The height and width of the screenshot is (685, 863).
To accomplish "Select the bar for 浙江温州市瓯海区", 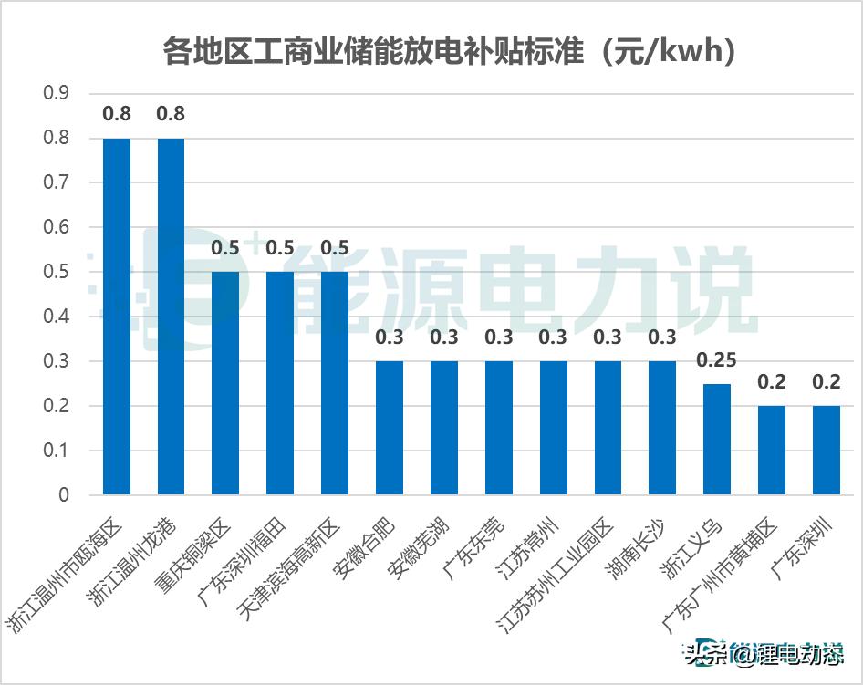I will (117, 316).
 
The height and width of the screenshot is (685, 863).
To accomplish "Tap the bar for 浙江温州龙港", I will (171, 316).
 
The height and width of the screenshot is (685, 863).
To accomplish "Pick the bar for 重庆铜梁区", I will (225, 383).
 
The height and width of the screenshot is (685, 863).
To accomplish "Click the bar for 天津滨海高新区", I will (335, 383).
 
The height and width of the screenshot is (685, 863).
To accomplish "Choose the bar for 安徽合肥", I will (390, 428).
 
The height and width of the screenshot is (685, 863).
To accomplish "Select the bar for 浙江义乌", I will (717, 439).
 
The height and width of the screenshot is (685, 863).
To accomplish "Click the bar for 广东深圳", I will (827, 450).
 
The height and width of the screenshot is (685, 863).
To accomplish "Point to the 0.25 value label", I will (717, 359).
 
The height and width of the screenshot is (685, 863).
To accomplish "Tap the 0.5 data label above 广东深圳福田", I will (280, 248).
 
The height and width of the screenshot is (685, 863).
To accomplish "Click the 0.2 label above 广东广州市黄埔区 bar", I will (772, 382).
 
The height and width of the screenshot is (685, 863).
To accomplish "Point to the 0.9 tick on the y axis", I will (57, 93).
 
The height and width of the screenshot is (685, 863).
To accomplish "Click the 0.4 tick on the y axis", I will (57, 317).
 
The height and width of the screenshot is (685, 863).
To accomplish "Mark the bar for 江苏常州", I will (554, 428).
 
